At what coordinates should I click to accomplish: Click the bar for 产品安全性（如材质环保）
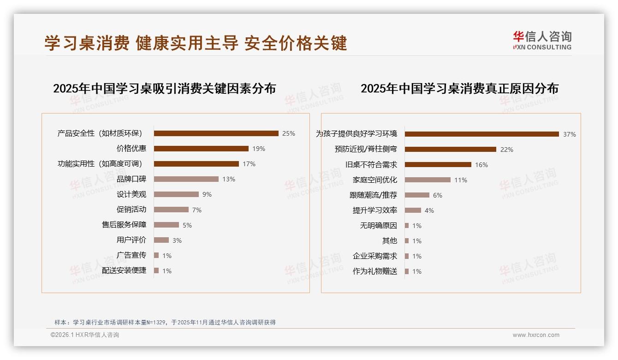(216, 133)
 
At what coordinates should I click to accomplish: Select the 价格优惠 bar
(201, 149)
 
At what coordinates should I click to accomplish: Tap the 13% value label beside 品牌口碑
(229, 179)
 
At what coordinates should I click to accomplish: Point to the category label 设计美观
(131, 194)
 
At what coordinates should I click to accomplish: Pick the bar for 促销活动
(171, 210)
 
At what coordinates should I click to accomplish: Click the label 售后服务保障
(124, 225)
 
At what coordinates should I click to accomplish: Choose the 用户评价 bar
(161, 240)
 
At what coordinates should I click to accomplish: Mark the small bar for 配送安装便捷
(156, 270)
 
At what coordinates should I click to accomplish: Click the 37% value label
(570, 134)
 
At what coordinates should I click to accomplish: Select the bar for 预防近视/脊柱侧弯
(451, 150)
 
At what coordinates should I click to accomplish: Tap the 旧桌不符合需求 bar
(438, 165)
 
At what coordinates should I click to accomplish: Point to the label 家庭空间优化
(375, 180)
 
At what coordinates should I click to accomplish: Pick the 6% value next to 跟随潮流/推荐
(438, 195)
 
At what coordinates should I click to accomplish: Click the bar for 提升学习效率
(413, 210)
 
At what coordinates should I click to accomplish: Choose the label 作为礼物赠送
(375, 271)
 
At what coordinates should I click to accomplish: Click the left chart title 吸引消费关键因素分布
(164, 88)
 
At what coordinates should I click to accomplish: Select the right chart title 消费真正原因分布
(459, 88)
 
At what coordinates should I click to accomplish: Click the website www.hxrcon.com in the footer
(536, 335)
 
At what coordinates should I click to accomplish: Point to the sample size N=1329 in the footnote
(156, 322)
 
